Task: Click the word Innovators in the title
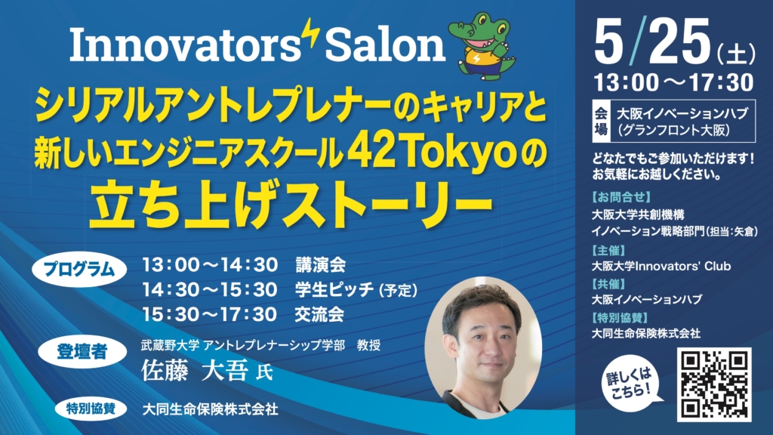tap(185, 45)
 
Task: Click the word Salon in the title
tap(385, 45)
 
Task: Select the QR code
tap(714, 384)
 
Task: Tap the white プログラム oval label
tap(79, 270)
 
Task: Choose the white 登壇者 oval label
tap(82, 352)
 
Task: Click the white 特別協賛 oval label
tap(91, 409)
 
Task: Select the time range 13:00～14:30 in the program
tap(210, 265)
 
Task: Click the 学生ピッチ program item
tap(334, 289)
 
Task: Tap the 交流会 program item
tap(319, 314)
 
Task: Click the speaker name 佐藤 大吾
tap(194, 371)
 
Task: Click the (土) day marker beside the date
tap(737, 54)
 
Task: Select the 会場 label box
tap(601, 122)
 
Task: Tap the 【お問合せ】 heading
tap(621, 197)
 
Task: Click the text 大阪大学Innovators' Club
tap(661, 267)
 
